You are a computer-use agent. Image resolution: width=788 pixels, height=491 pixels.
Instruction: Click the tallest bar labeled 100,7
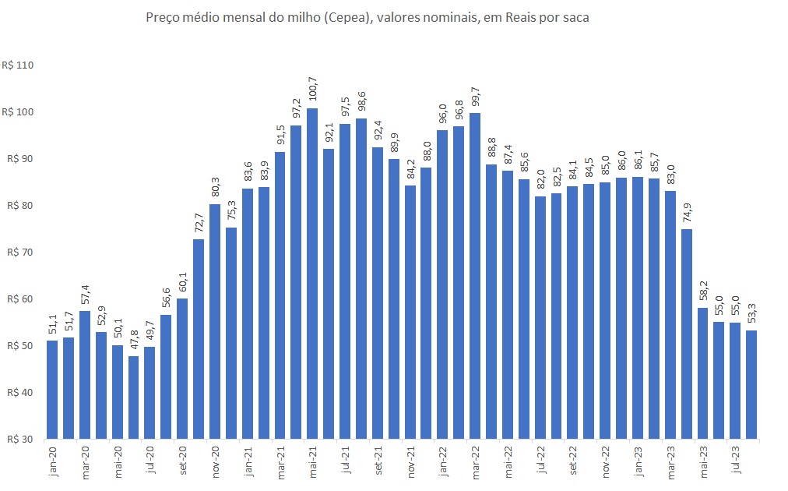[x=312, y=273]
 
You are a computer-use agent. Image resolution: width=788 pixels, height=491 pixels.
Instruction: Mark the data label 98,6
[x=361, y=103]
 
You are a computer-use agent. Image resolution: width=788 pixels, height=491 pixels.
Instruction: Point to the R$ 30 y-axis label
[x=19, y=439]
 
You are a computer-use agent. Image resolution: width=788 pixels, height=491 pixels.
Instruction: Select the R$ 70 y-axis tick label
[x=19, y=252]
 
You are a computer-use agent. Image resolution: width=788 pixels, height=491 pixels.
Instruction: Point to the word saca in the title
[x=574, y=18]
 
